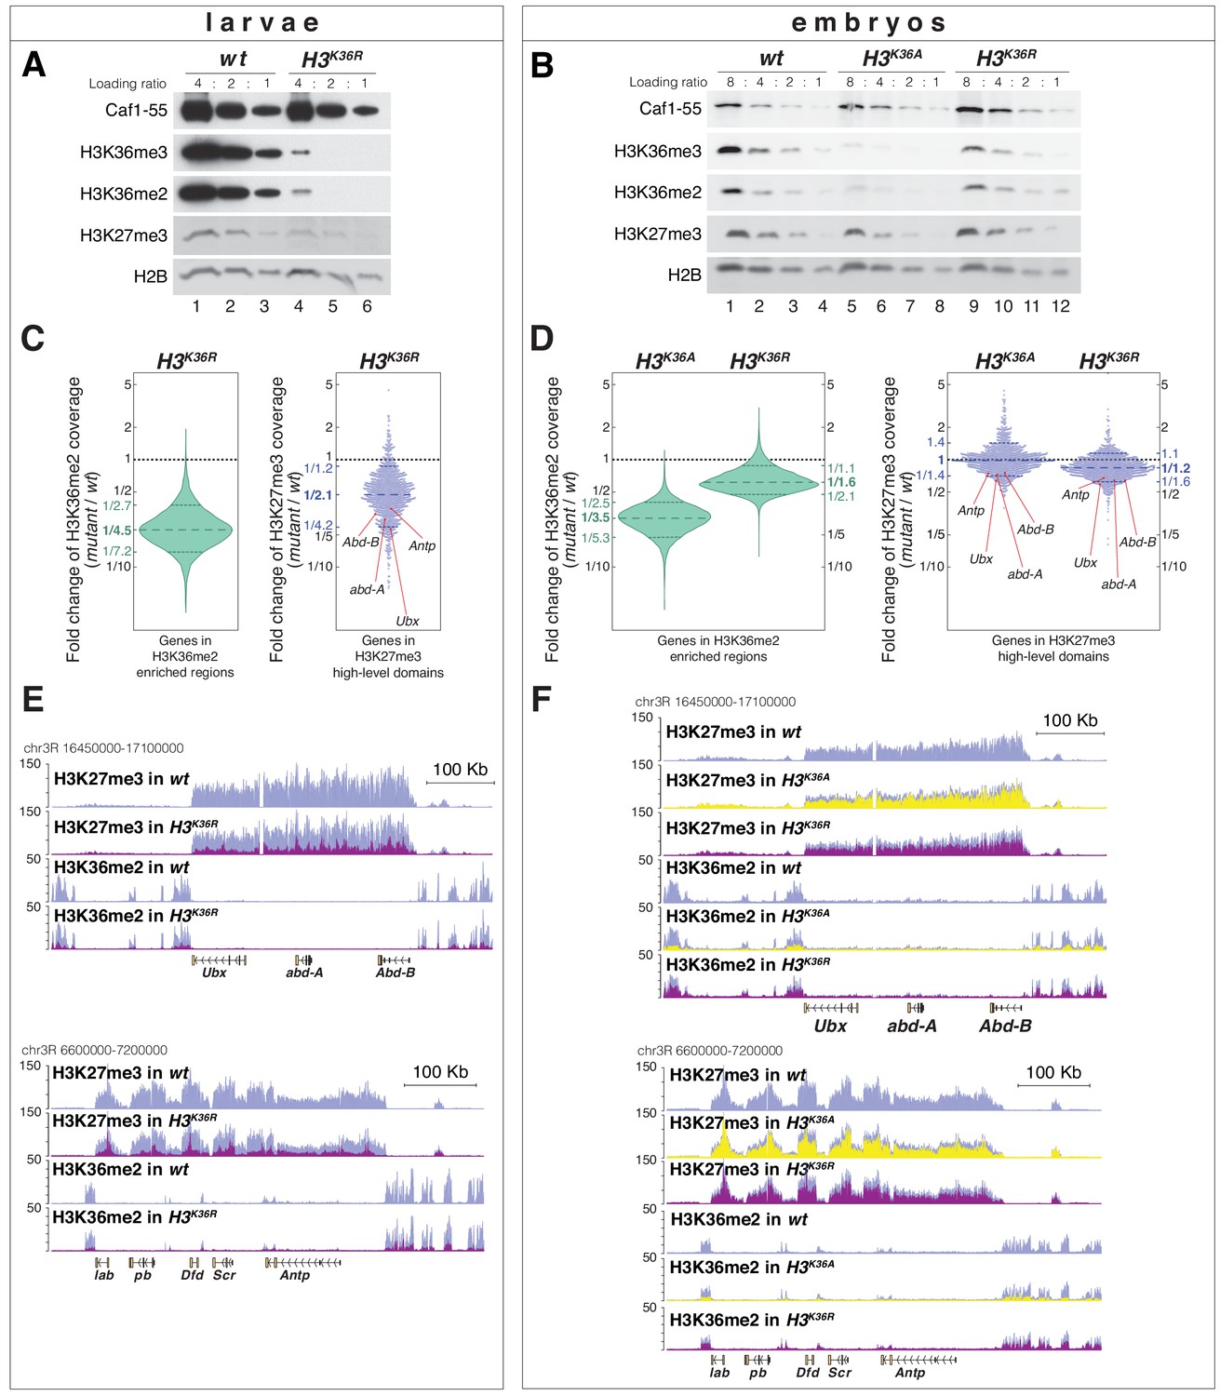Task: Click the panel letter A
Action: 34,65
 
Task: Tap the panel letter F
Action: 543,699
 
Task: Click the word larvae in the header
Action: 262,22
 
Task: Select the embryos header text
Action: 868,22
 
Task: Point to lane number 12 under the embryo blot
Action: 1060,306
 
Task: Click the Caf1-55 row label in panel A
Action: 136,110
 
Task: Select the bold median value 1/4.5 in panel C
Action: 117,530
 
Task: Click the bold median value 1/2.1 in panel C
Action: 317,495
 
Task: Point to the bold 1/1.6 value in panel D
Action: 841,482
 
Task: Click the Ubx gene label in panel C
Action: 407,621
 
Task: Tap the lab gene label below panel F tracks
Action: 719,1373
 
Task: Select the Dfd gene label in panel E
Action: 193,1275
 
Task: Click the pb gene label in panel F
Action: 758,1373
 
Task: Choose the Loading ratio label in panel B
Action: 667,82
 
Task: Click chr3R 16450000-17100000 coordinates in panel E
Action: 103,747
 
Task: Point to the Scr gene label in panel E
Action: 224,1275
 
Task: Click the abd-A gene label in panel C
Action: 367,589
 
